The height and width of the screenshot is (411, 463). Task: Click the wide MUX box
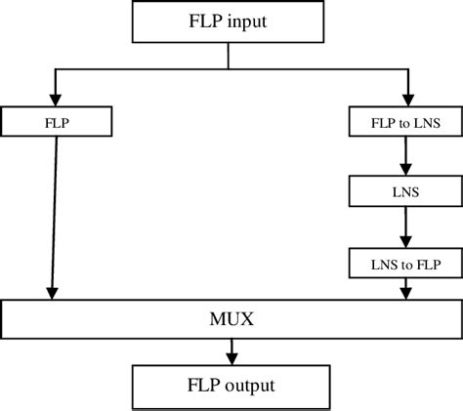[231, 319]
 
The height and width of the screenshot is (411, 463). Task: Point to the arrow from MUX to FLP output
[231, 349]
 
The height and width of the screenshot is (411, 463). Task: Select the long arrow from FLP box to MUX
[56, 215]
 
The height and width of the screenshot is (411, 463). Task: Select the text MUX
[231, 319]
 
